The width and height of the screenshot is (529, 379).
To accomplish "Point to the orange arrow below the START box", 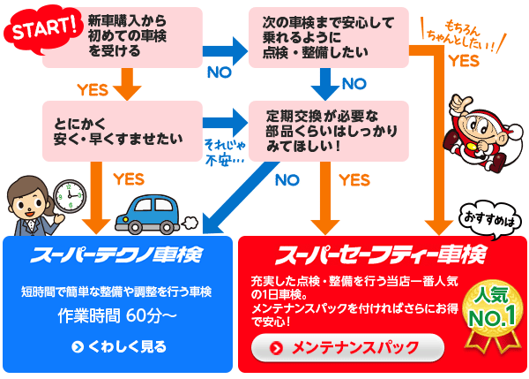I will point(129,84).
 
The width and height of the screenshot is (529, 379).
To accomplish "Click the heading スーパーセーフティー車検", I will point(381,255).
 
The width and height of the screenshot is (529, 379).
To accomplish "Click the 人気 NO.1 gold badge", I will point(495,310).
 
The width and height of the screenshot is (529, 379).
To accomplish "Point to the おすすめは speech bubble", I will point(488,216).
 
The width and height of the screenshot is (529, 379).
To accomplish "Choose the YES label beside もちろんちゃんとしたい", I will point(464,61).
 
